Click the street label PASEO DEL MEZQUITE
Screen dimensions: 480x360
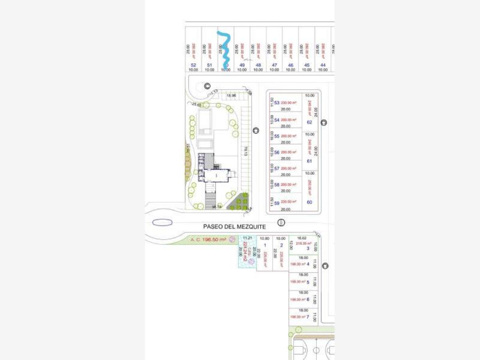(234, 227)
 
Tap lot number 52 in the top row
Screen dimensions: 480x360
(194, 65)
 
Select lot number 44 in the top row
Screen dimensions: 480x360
(323, 65)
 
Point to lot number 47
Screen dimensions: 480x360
(274, 65)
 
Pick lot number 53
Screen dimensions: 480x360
(277, 103)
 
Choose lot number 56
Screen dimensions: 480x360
(277, 152)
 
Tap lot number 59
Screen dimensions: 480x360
(277, 203)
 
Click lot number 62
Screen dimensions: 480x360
(309, 122)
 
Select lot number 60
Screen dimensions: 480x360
(309, 202)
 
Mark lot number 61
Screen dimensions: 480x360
(309, 161)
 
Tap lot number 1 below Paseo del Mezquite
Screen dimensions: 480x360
(265, 245)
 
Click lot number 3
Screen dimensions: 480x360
(308, 248)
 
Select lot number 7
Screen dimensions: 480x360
(308, 317)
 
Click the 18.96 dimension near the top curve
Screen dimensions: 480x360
(231, 96)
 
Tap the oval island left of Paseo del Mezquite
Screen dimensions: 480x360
(162, 223)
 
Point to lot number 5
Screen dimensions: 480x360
(308, 282)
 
